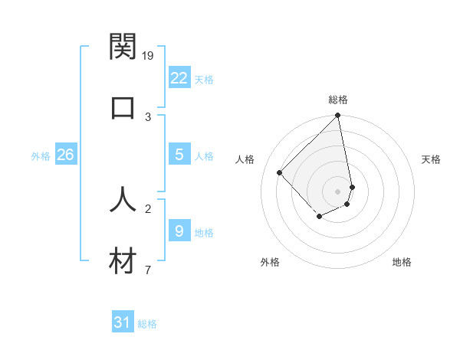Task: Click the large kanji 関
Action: [x=123, y=47]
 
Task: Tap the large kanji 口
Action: [x=123, y=106]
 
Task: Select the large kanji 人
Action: [x=123, y=198]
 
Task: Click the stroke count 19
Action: [x=149, y=55]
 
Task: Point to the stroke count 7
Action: [x=148, y=270]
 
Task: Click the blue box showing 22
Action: [x=179, y=77]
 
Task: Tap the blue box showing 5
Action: [x=179, y=155]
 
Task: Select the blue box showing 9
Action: [x=179, y=231]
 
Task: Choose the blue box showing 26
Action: [x=65, y=155]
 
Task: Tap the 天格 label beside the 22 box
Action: [x=204, y=79]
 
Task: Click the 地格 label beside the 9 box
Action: [x=204, y=233]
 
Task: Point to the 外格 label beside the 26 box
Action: [x=41, y=156]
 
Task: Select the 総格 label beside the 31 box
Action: [x=147, y=324]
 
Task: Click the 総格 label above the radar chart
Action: [x=338, y=100]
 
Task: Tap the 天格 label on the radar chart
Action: [x=432, y=159]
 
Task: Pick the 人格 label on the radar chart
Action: [x=245, y=159]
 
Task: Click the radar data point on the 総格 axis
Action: [x=337, y=116]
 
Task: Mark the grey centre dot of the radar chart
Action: [x=337, y=191]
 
